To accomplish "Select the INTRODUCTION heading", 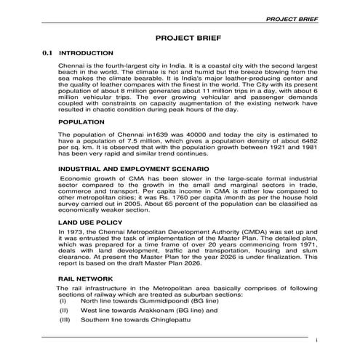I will [x=85, y=53].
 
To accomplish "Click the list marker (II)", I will [x=63, y=309].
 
